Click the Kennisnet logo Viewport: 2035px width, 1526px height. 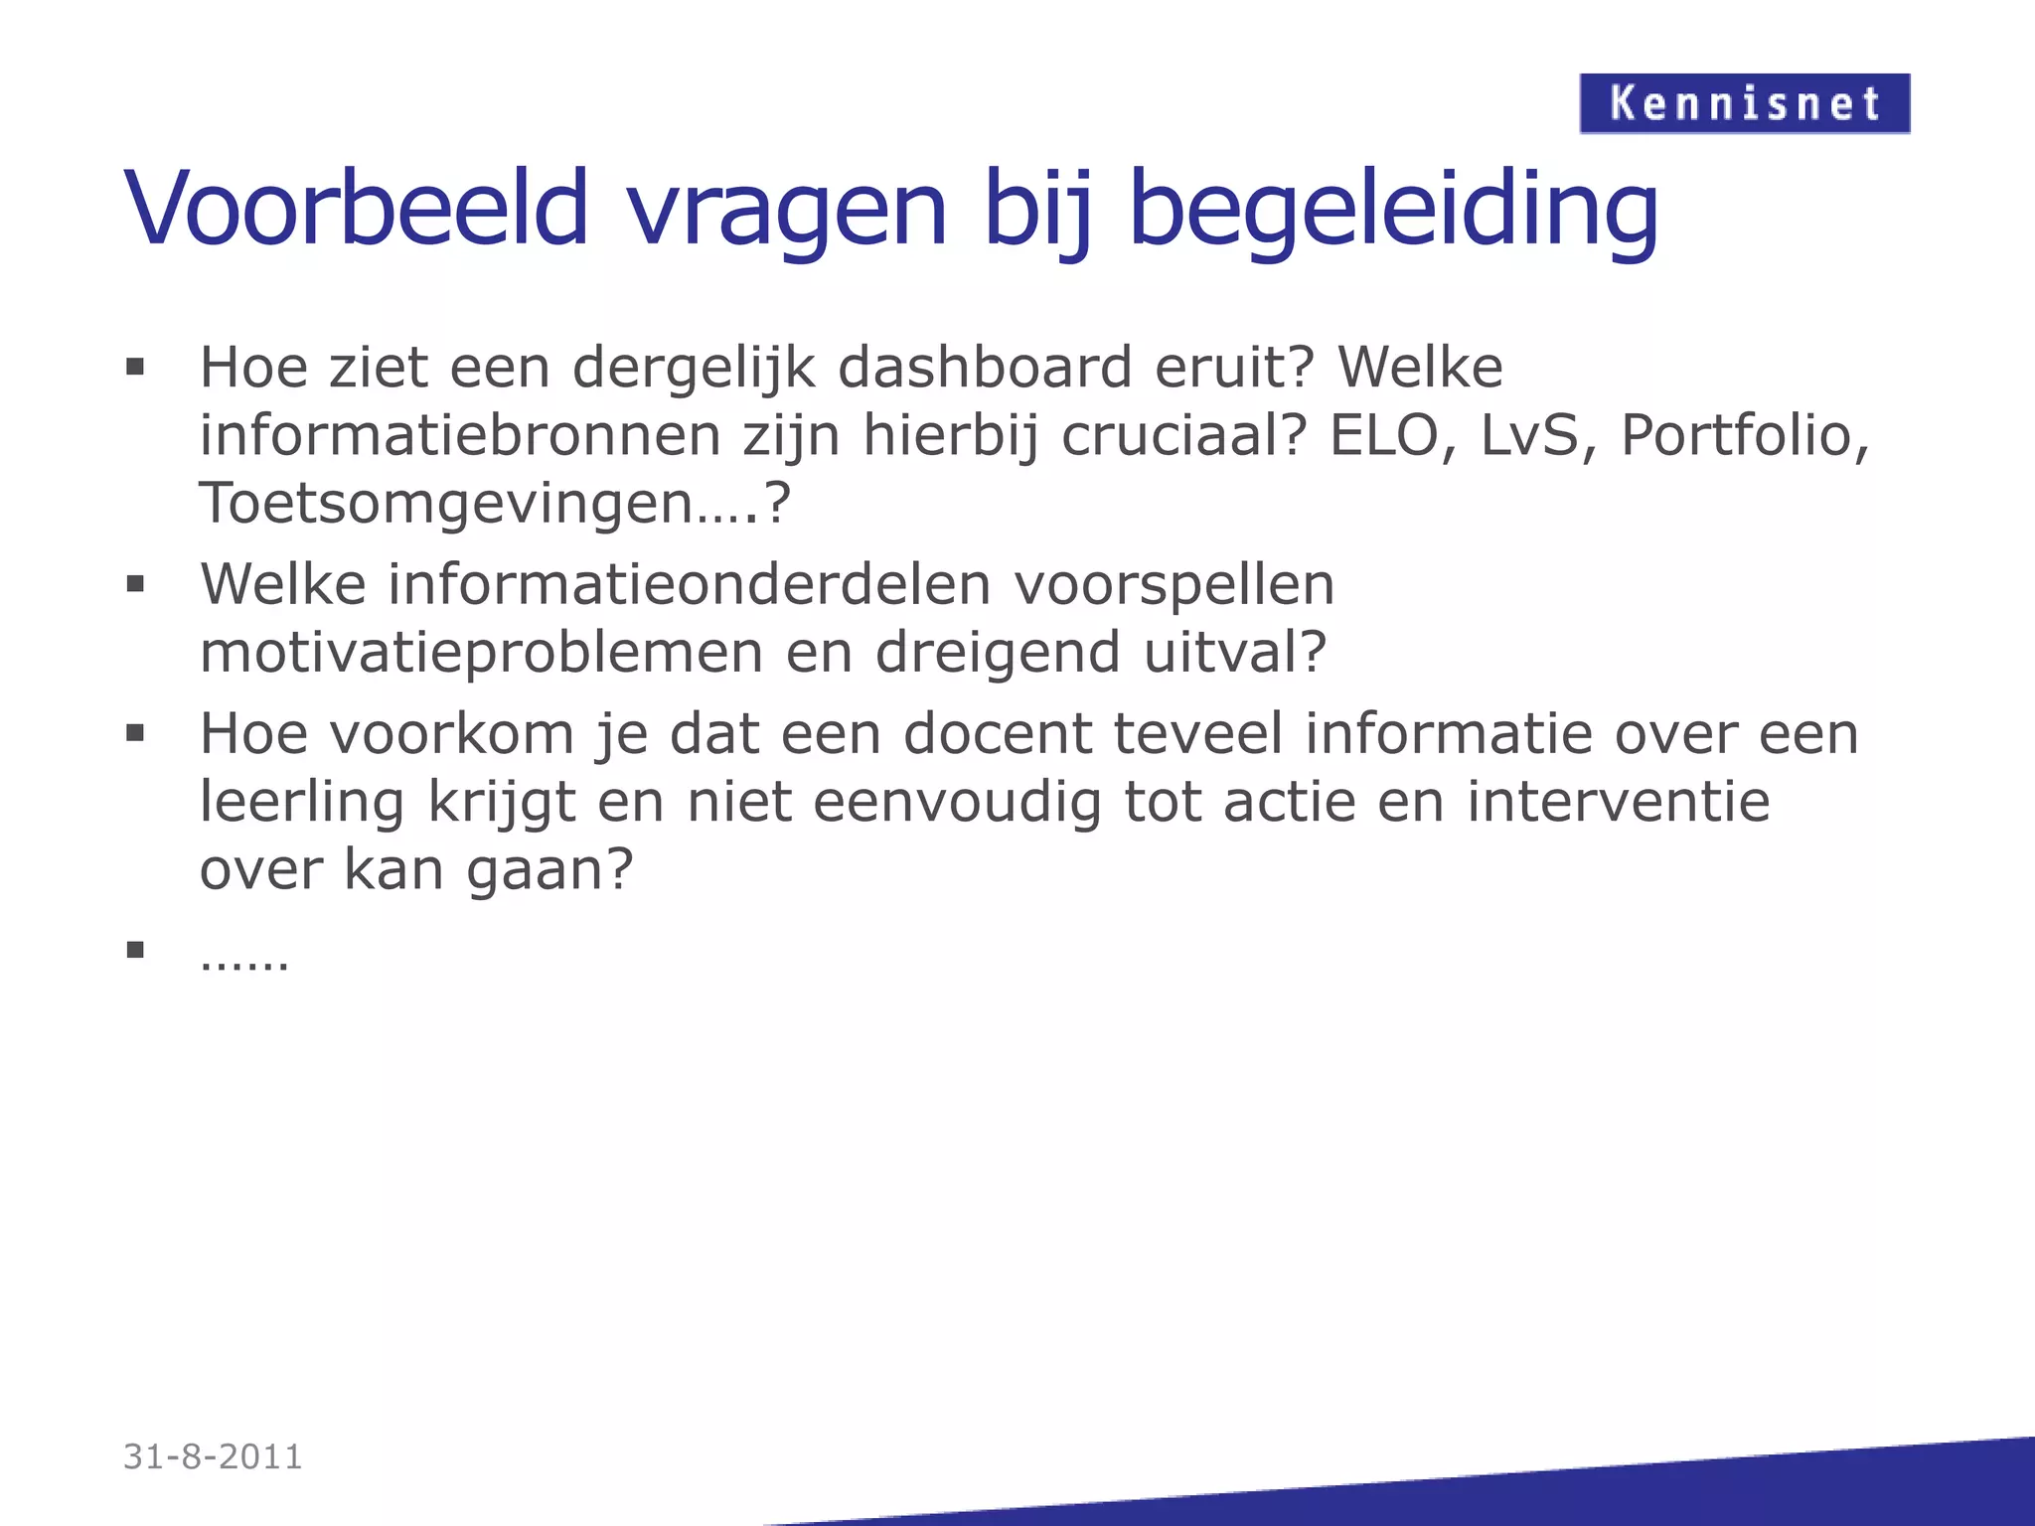point(1744,103)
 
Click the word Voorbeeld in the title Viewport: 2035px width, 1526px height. point(358,209)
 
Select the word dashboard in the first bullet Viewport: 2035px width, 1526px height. point(985,368)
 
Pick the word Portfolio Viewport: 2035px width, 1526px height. point(1745,436)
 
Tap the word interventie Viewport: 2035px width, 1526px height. point(1619,802)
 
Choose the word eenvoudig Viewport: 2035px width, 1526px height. point(957,803)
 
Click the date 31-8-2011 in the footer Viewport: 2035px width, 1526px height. point(213,1456)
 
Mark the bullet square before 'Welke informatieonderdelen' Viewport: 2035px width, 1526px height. point(136,584)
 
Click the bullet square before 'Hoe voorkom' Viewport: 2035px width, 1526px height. point(136,734)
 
